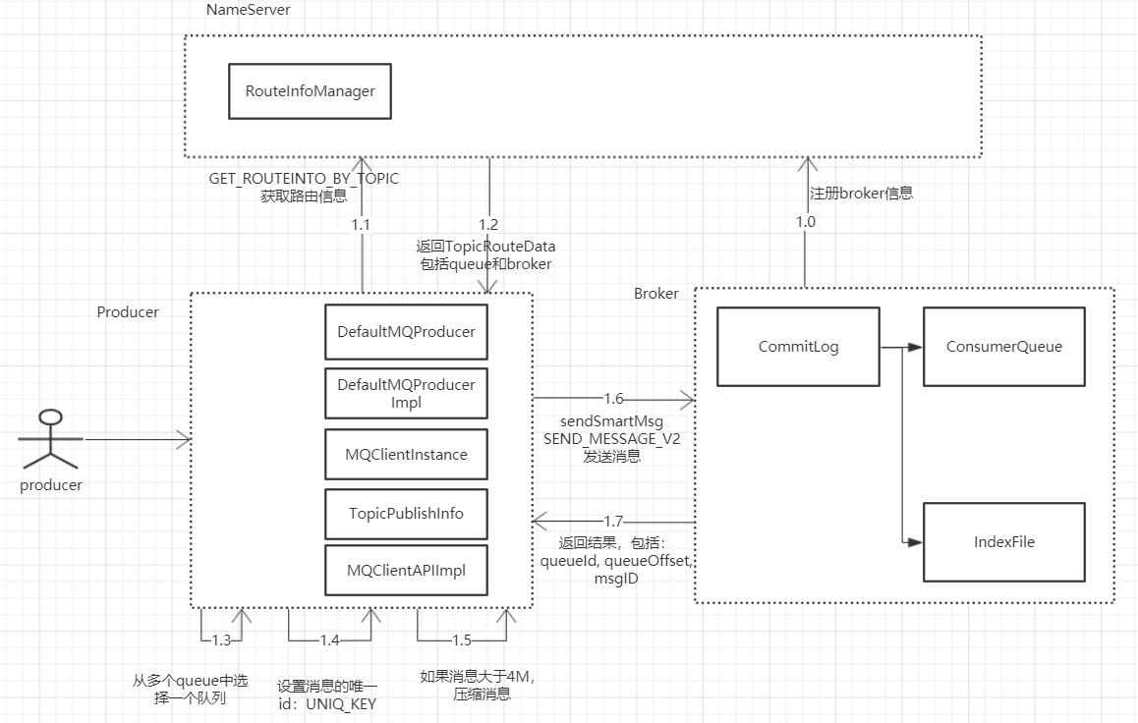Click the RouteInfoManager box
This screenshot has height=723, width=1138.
pyautogui.click(x=310, y=91)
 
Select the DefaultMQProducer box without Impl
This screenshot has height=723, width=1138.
pyautogui.click(x=406, y=332)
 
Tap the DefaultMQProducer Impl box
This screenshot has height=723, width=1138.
pyautogui.click(x=406, y=394)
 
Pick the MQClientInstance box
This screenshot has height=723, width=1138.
pyautogui.click(x=406, y=455)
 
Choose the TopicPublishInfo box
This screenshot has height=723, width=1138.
pyautogui.click(x=406, y=514)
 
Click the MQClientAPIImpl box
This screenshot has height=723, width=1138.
pyautogui.click(x=406, y=571)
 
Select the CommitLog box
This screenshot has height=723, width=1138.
pyautogui.click(x=798, y=347)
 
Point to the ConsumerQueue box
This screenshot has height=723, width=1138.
pyautogui.click(x=1003, y=347)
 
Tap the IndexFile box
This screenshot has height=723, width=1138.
pyautogui.click(x=1003, y=541)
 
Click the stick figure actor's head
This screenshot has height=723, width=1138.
pyautogui.click(x=51, y=417)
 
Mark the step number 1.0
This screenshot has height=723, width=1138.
pyautogui.click(x=806, y=222)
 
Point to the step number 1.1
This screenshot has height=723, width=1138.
pyautogui.click(x=361, y=225)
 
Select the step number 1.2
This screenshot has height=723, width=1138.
pyautogui.click(x=488, y=225)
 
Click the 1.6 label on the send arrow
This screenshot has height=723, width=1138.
pyautogui.click(x=613, y=398)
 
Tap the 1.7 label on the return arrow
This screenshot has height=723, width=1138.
pyautogui.click(x=613, y=522)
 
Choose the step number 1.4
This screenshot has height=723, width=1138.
pyautogui.click(x=329, y=640)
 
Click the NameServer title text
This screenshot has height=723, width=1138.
pyautogui.click(x=249, y=10)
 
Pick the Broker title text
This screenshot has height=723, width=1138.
pyautogui.click(x=656, y=294)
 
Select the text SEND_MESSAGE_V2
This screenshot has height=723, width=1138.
pyautogui.click(x=612, y=439)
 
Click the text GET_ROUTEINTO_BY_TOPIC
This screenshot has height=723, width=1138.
pyautogui.click(x=304, y=179)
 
